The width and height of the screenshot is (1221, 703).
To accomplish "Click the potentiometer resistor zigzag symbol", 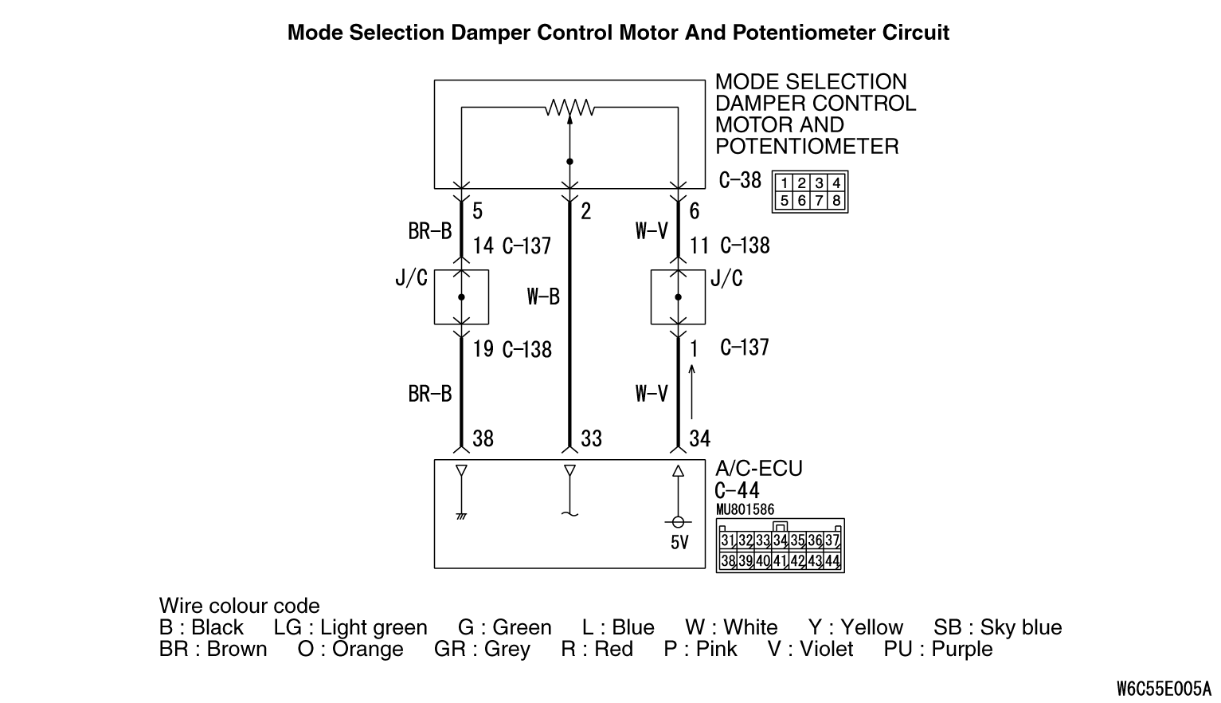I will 569,108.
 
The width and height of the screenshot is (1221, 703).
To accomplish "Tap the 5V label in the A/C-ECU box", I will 679,543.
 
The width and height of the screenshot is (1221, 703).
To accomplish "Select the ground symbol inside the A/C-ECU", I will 461,516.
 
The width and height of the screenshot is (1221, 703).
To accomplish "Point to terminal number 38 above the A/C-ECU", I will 483,438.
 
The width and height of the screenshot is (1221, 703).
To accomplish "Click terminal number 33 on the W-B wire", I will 591,438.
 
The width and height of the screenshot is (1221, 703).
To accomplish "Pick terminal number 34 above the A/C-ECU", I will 699,438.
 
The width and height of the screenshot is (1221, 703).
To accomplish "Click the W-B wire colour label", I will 543,297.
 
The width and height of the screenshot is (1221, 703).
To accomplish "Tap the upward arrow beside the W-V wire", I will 691,391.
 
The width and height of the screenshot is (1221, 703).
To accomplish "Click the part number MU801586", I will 745,509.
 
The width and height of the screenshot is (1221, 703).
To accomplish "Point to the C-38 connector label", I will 740,181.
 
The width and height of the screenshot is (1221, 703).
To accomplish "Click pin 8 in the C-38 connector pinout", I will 836,201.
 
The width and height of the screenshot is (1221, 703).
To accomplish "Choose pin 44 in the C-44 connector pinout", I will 832,560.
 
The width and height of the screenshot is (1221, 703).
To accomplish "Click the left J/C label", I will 411,278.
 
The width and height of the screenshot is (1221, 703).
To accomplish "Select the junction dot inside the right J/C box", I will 678,297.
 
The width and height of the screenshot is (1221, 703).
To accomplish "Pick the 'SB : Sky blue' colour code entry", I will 997,627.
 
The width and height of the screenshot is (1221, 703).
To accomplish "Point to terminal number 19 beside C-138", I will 483,349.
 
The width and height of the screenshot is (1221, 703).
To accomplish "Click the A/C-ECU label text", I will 758,468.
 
